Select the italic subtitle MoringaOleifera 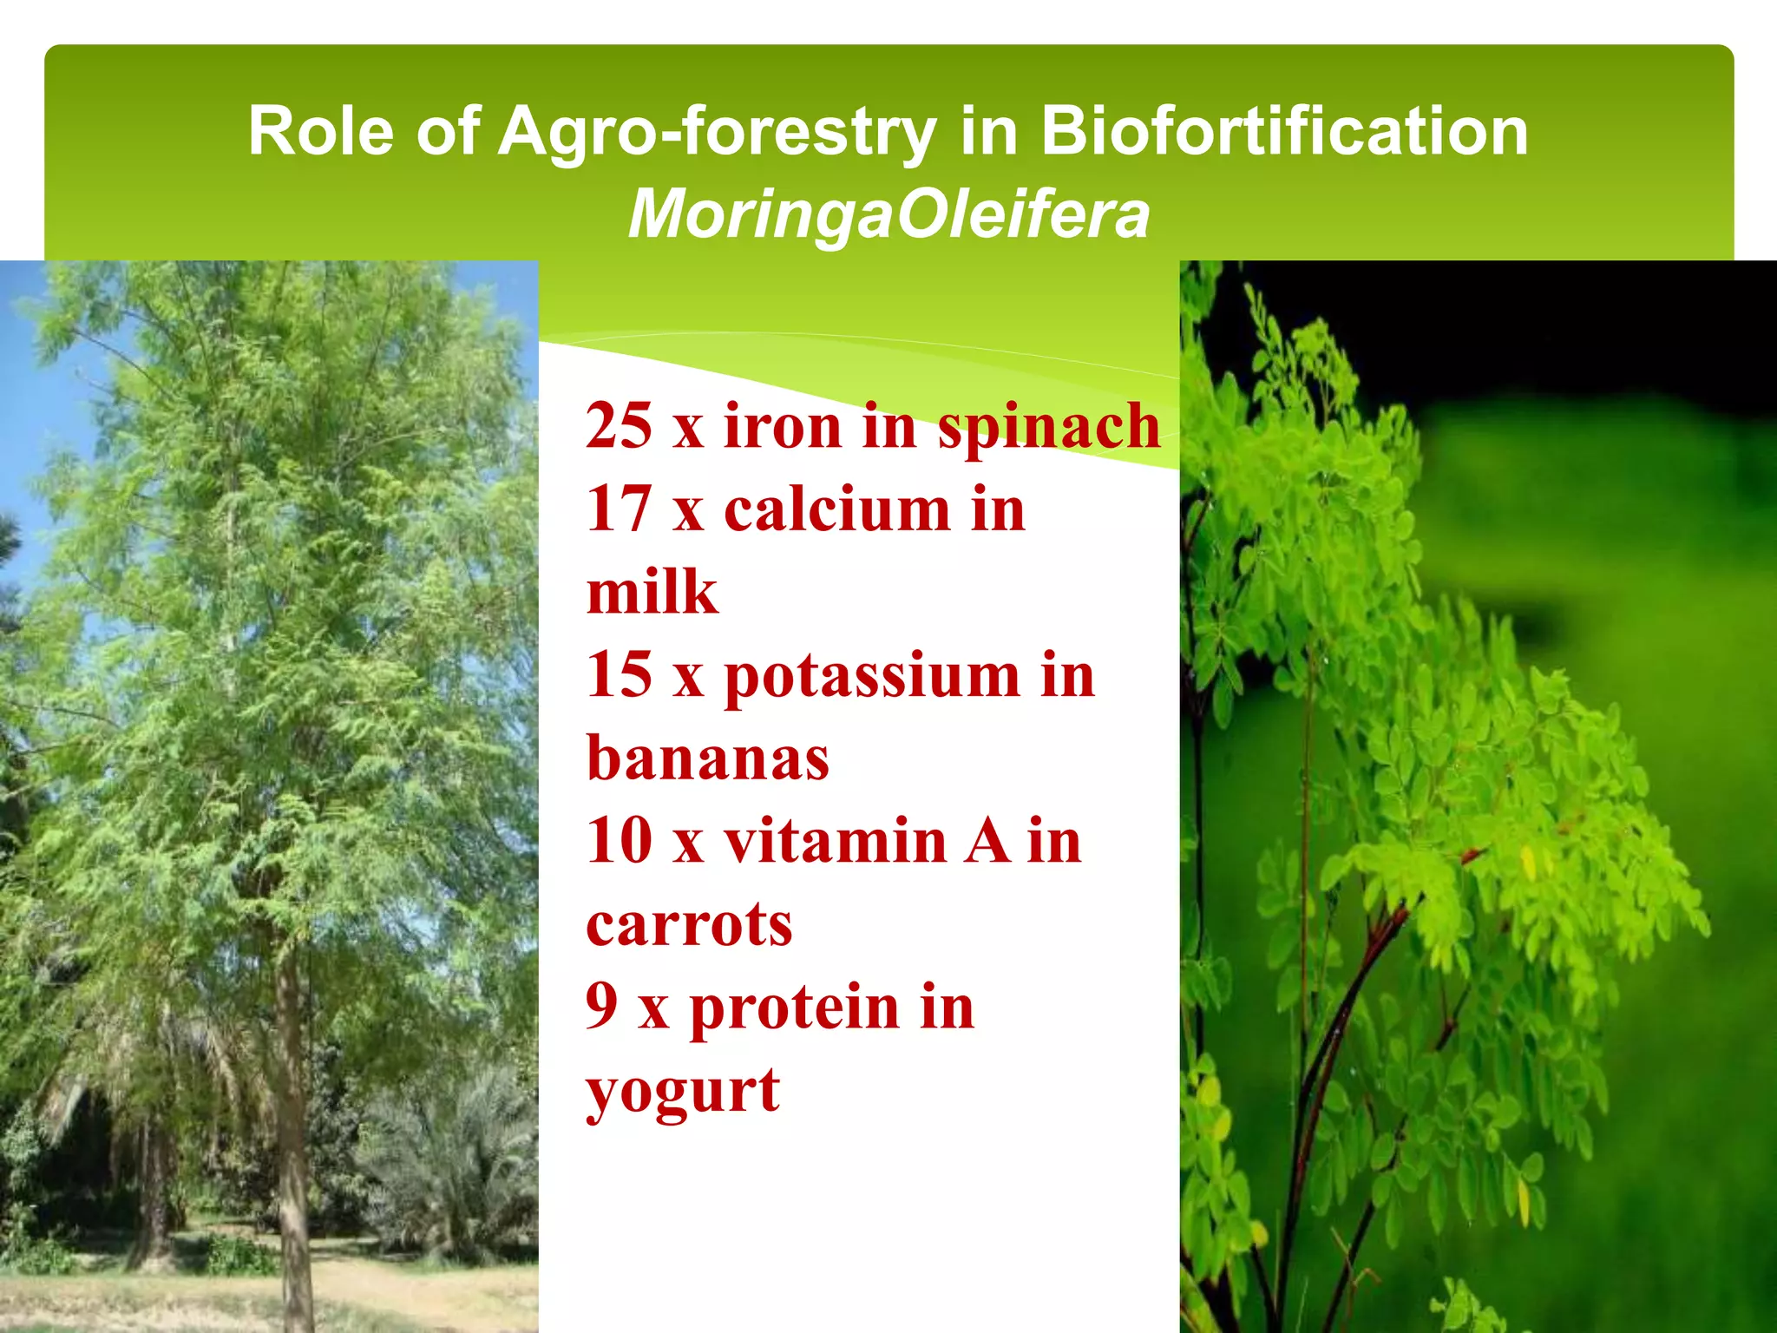pos(888,213)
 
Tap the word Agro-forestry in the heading pos(717,132)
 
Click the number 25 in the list pos(619,426)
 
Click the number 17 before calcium pos(619,509)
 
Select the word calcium pos(837,509)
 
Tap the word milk pos(652,592)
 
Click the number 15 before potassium pos(619,674)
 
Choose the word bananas pos(708,758)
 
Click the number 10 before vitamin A pos(619,840)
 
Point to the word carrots pos(690,924)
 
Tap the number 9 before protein pos(602,1006)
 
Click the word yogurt pos(683,1092)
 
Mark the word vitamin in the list pos(836,840)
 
